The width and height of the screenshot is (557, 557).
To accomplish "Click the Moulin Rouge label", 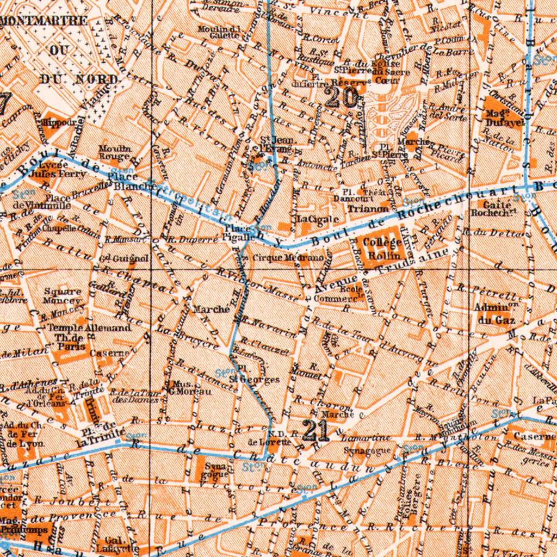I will point(114,152).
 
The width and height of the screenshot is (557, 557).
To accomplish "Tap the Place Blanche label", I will point(125,181).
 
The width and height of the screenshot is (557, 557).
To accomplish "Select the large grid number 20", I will point(342,98).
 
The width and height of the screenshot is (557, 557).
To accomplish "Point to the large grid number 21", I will point(316,430).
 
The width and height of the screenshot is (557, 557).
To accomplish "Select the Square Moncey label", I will point(61,295).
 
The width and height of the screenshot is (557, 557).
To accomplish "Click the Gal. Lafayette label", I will point(114,544).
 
